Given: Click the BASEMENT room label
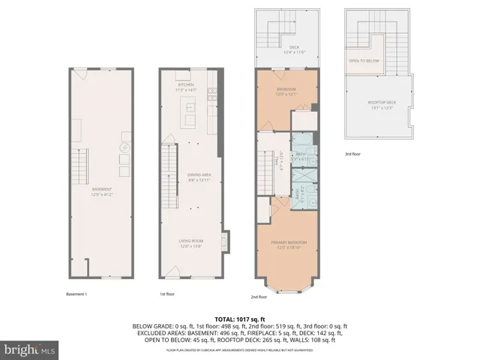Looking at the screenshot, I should pos(102,189).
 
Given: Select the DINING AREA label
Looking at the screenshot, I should pos(198,175).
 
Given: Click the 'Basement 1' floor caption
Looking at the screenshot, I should pos(76,294).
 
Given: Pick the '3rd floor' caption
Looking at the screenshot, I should pos(353,154).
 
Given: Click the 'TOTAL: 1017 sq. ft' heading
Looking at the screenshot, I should pos(239,318).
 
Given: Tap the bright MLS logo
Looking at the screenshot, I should pos(29,349).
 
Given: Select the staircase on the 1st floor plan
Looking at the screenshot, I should pos(170,177).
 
